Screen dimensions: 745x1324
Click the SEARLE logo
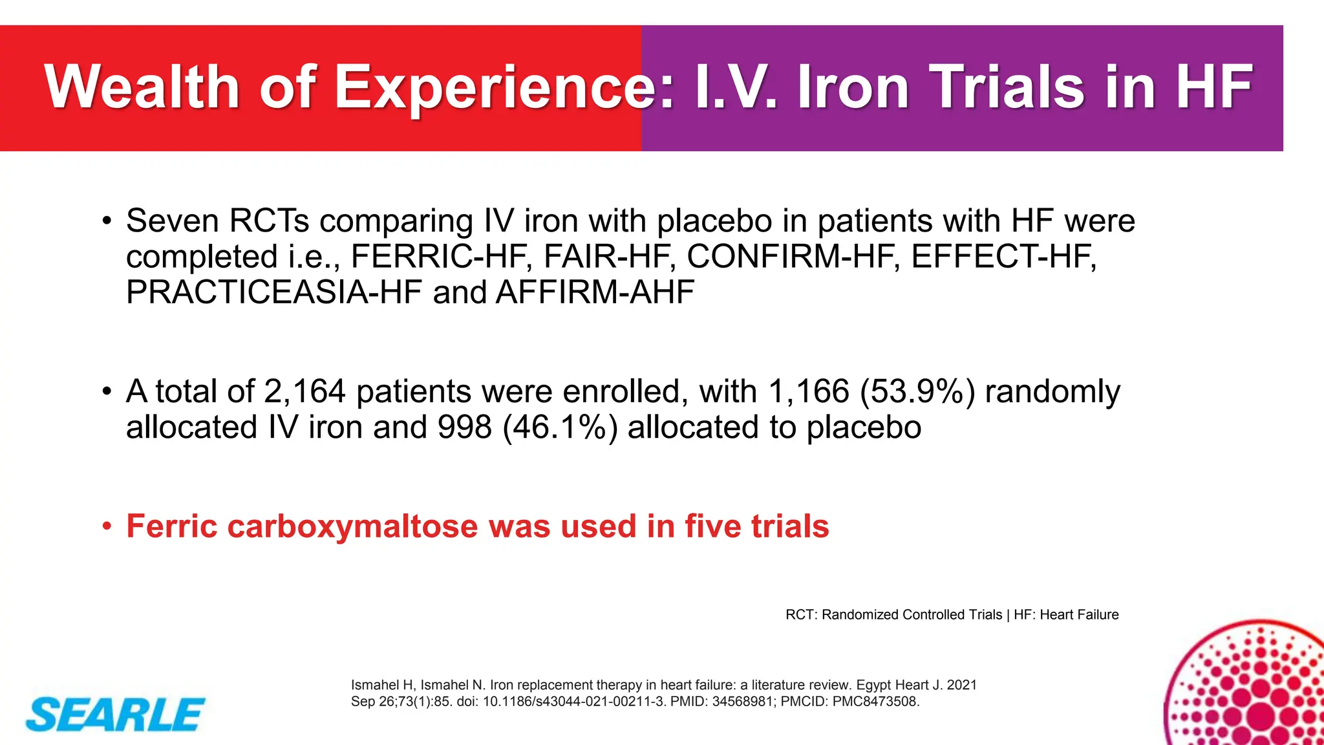(115, 715)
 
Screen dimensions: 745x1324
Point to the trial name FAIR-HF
(609, 257)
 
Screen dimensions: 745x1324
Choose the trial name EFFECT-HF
(1003, 257)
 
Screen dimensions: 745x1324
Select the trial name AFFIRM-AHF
(595, 292)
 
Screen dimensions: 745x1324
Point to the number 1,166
(809, 392)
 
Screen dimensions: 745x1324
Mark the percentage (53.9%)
(917, 392)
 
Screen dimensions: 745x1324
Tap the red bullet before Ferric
(107, 526)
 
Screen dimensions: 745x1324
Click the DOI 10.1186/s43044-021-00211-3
(574, 702)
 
